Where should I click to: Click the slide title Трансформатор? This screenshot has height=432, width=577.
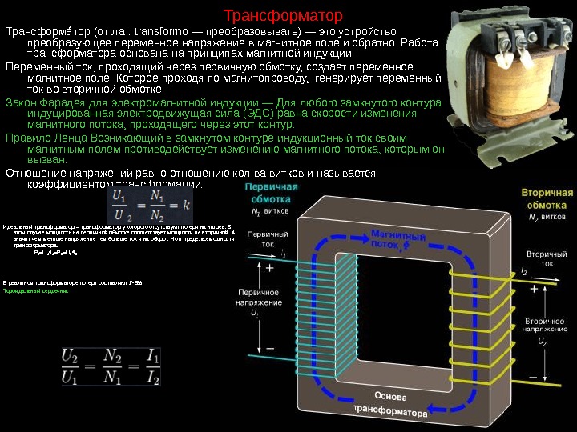coord(282,15)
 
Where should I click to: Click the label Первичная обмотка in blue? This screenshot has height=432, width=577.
coord(270,193)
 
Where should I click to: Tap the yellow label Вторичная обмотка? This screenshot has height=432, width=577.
coord(547,199)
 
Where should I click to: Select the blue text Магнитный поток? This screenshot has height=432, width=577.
coord(398,239)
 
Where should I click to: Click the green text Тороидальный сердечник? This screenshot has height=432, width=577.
coord(36,291)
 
